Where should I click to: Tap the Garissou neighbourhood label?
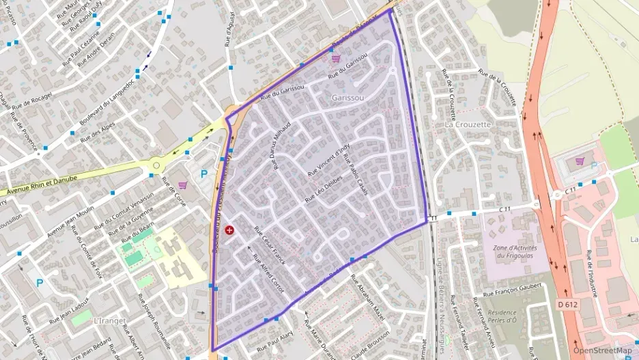tap(347, 98)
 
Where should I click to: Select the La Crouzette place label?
tap(468, 125)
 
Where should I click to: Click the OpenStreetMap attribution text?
tap(603, 350)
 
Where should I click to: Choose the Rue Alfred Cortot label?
tap(268, 273)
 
